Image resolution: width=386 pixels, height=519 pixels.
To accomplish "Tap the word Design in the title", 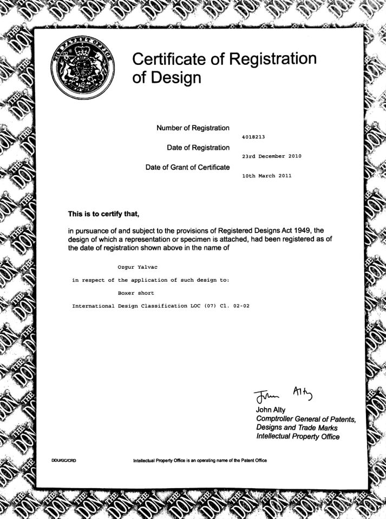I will [x=176, y=78].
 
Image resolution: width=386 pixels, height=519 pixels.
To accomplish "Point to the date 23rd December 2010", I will [x=272, y=156].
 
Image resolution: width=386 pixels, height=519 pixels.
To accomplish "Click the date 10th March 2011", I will [x=267, y=176].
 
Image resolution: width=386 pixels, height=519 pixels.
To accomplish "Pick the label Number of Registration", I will [x=193, y=128].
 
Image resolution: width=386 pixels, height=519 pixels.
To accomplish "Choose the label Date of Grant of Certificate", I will [x=188, y=167].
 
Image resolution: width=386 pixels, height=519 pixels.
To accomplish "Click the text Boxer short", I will [x=136, y=292].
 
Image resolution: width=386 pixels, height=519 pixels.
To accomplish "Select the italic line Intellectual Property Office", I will [x=298, y=436].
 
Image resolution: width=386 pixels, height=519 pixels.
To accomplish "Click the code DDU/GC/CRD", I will [x=63, y=461].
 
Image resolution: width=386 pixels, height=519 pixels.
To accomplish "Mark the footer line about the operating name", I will [x=200, y=461].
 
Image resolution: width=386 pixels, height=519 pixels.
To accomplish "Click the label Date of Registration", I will [x=199, y=148].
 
